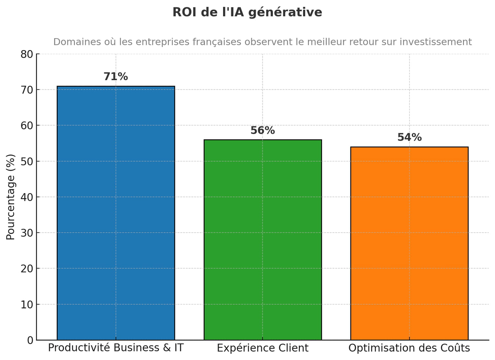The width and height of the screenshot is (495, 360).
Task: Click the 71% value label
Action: (115, 76)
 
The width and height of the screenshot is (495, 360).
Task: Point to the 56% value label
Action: (262, 131)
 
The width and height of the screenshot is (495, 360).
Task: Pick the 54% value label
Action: (409, 137)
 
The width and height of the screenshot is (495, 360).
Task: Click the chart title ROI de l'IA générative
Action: (247, 12)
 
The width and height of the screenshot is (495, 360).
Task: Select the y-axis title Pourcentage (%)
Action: (11, 197)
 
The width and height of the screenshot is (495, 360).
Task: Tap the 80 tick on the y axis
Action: (27, 54)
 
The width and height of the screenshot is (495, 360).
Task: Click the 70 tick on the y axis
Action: (27, 90)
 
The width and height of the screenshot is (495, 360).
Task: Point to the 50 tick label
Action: (27, 161)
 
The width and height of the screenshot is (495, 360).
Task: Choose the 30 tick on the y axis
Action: (27, 233)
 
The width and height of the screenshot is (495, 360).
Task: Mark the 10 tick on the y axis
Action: (27, 304)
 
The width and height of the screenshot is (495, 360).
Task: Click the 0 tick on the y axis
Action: (30, 340)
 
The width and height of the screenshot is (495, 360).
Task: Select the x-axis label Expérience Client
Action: (262, 348)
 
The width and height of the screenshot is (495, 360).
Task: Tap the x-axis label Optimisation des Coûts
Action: (409, 348)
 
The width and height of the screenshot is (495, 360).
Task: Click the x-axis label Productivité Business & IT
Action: (115, 348)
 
